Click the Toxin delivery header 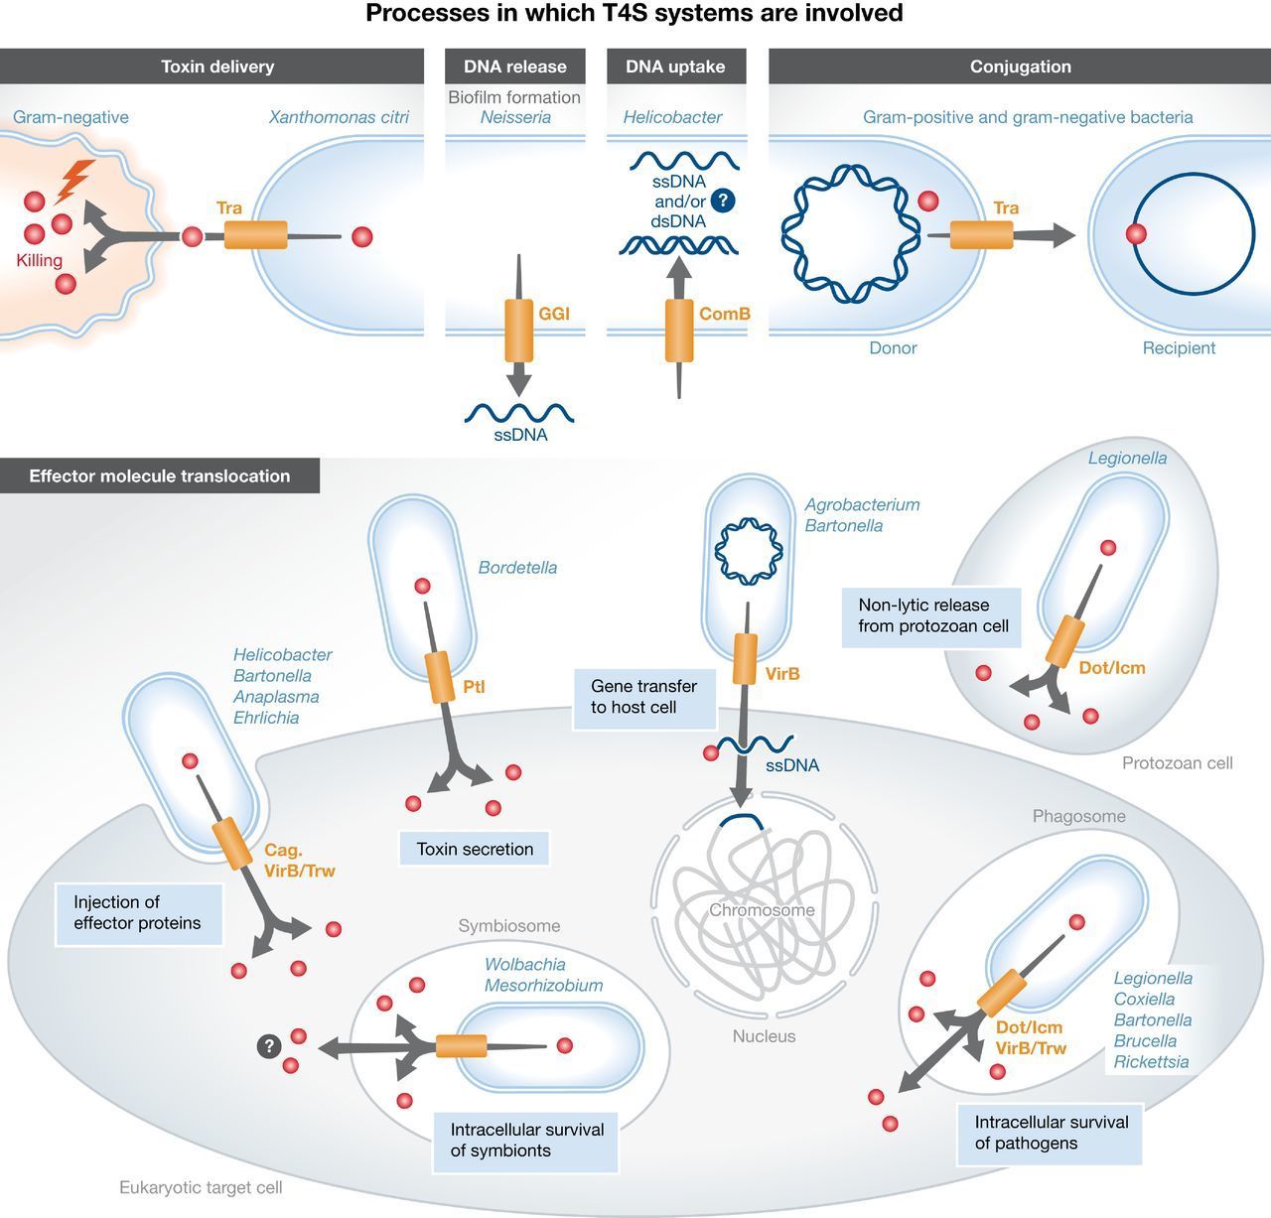216,67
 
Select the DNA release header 514,67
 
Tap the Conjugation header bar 1020,67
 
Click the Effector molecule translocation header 160,475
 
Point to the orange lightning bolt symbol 76,180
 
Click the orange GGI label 553,314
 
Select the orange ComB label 724,314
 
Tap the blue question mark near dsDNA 723,201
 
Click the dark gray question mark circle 268,1045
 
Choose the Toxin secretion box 475,849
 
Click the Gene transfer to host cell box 643,697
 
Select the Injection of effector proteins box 138,913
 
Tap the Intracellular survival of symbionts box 526,1141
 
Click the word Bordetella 517,568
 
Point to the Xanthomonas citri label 339,117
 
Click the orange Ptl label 474,687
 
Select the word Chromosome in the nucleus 762,910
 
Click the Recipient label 1179,347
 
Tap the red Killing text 39,260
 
